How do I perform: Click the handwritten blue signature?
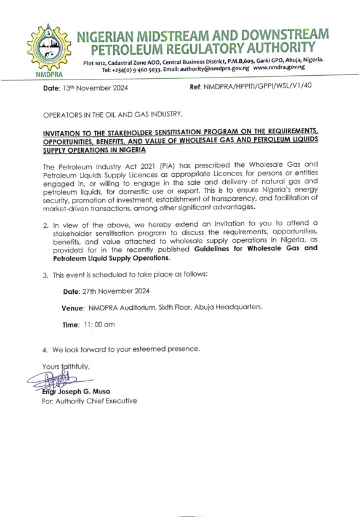pos(57,382)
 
